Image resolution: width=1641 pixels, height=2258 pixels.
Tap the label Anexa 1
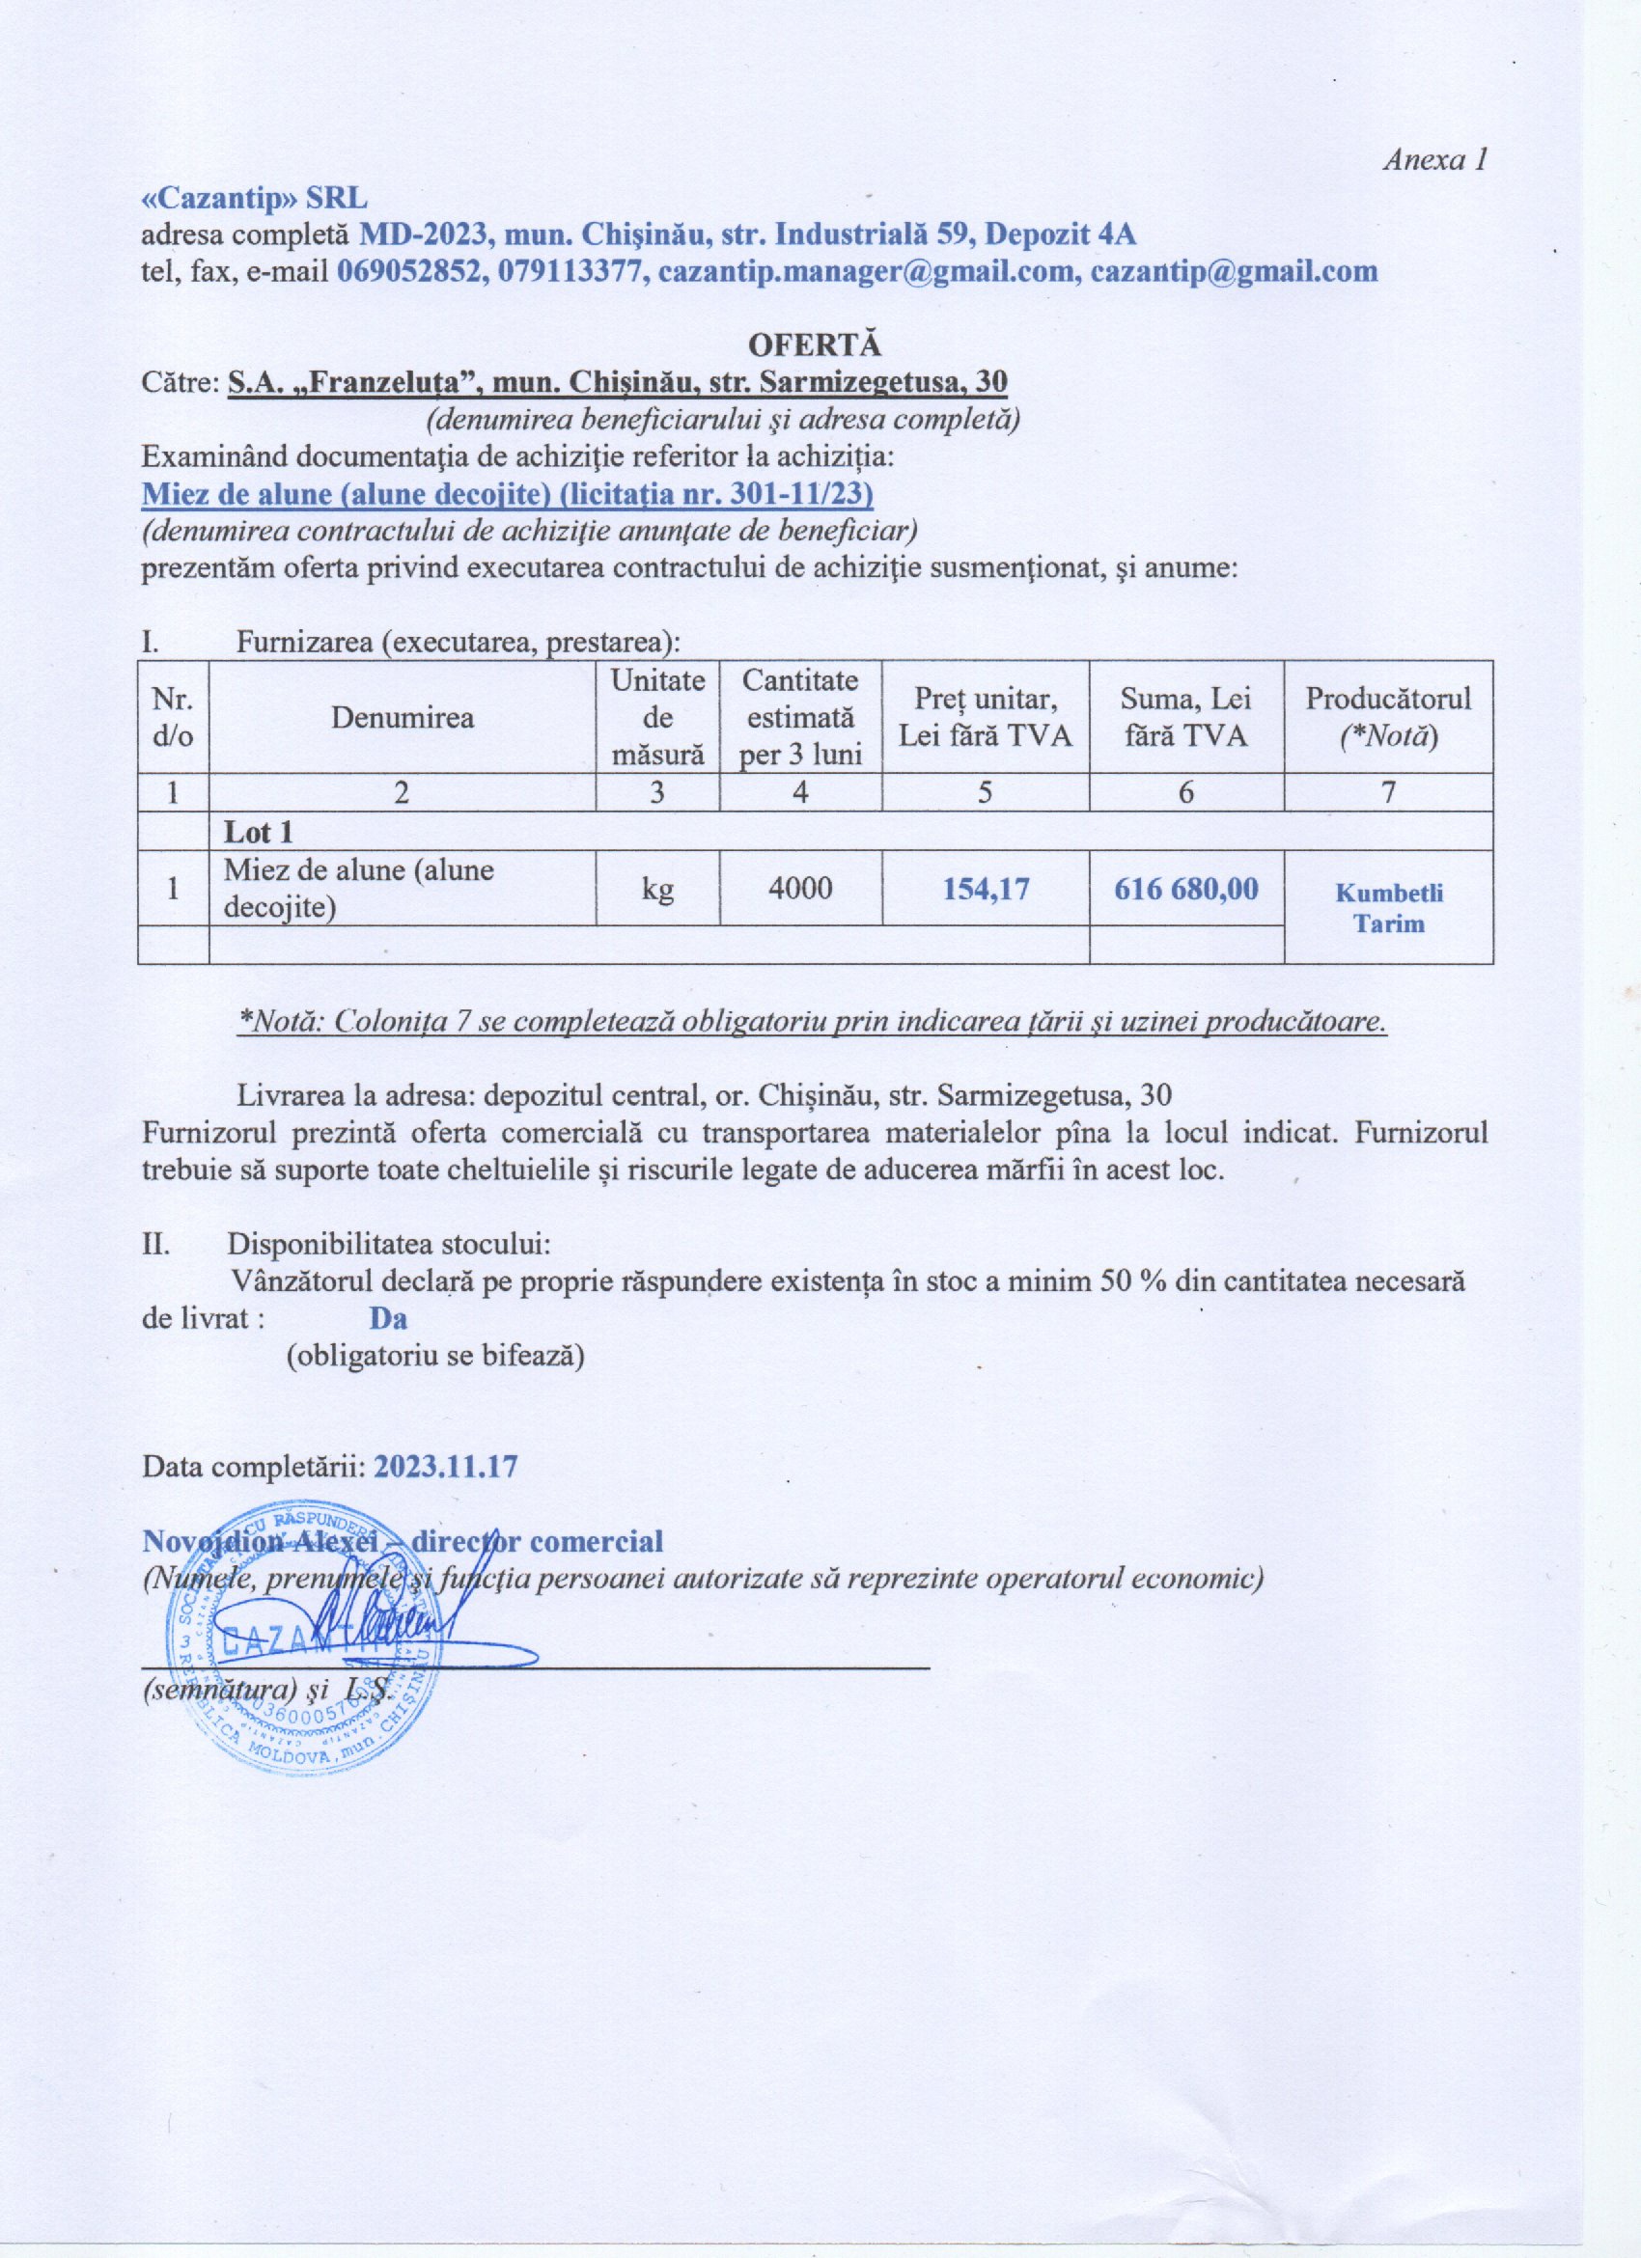[1434, 160]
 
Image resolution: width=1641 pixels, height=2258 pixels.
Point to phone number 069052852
[407, 272]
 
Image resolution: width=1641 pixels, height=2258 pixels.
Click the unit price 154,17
[984, 888]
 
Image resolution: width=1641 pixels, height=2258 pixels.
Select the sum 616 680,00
[1186, 888]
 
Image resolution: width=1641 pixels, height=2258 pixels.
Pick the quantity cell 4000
[800, 888]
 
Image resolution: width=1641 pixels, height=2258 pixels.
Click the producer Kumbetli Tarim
[1388, 907]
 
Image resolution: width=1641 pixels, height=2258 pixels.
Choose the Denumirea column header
[403, 717]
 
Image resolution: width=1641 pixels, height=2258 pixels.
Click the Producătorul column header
[1388, 717]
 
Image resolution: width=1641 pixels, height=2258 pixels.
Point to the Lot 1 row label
[258, 832]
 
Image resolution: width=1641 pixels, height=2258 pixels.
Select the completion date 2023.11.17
[445, 1468]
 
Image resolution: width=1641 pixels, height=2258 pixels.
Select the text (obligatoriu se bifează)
[435, 1356]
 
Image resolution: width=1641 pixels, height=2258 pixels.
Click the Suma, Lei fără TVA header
[1186, 717]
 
